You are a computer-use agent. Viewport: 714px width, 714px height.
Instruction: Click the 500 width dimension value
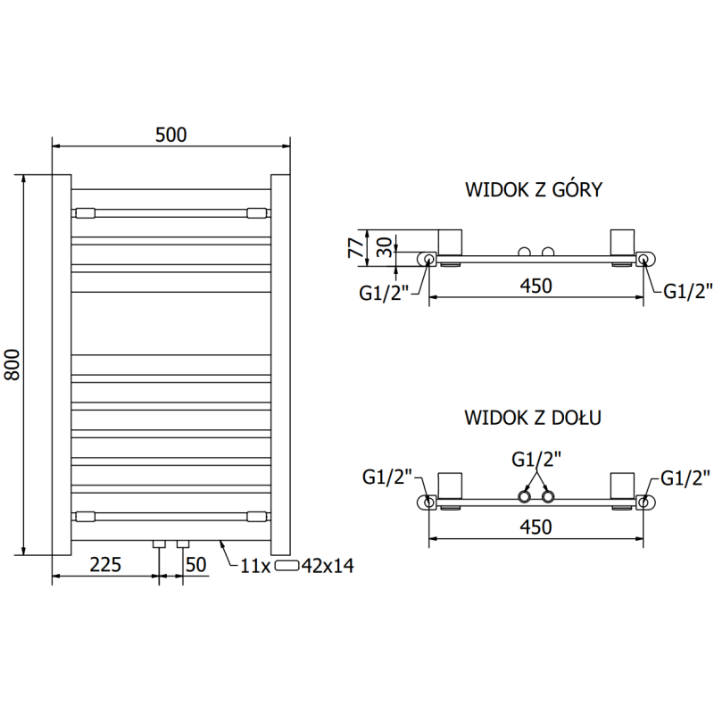point(170,135)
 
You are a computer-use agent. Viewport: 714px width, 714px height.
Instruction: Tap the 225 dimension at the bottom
point(105,564)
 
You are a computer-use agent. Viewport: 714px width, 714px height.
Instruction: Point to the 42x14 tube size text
point(329,565)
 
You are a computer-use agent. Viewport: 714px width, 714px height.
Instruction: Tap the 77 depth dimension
point(354,246)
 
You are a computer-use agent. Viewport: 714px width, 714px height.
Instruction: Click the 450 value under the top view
point(535,286)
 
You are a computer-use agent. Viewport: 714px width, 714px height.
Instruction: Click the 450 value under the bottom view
point(535,527)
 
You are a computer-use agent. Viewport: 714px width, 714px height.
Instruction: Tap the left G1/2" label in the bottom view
point(386,477)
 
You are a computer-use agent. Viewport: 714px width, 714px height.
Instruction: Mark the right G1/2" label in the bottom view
point(685,477)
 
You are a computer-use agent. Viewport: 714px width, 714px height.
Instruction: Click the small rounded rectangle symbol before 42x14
point(288,565)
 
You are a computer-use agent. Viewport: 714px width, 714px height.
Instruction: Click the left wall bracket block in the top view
point(451,242)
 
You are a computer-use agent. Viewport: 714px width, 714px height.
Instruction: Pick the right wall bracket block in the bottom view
point(622,486)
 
